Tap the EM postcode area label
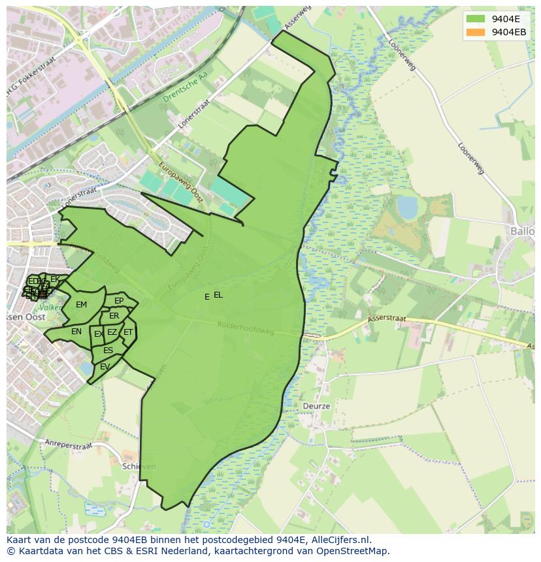[x=81, y=305]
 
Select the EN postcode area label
[x=76, y=332]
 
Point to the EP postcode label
[x=119, y=301]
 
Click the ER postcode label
[x=114, y=316]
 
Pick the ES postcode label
[x=108, y=351]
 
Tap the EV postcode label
[x=105, y=367]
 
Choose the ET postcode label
[x=128, y=332]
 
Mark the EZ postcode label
[x=112, y=333]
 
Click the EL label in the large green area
[x=218, y=295]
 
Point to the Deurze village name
[x=316, y=406]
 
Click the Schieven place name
[x=139, y=467]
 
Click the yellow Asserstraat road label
[x=387, y=319]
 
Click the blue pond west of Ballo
[x=407, y=208]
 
